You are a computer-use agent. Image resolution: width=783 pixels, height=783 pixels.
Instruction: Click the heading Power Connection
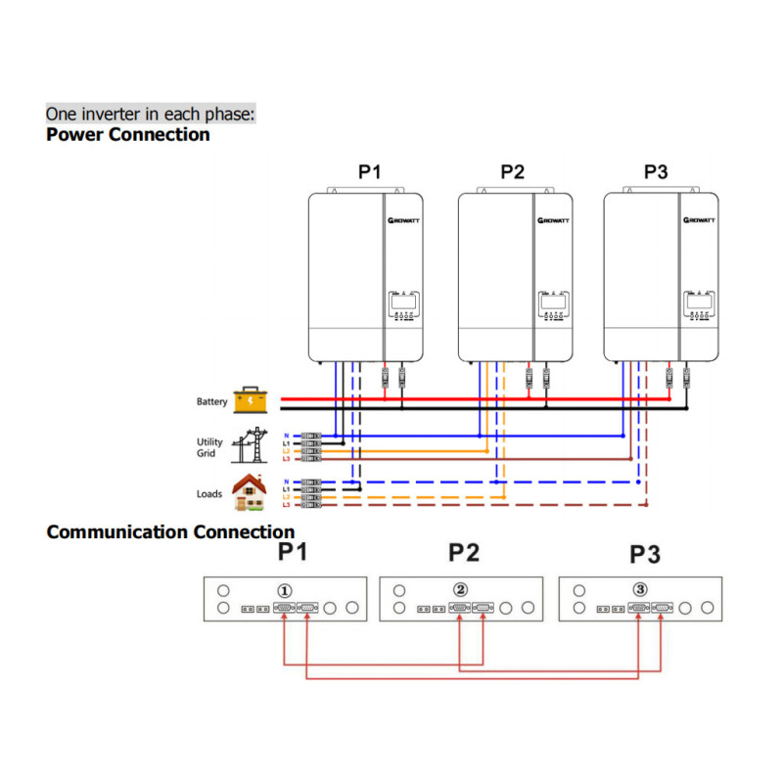[127, 135]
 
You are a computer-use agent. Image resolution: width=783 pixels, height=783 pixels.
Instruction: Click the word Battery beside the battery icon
[211, 401]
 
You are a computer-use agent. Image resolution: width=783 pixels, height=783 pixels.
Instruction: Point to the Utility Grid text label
[209, 447]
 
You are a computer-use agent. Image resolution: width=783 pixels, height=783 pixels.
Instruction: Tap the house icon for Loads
[251, 491]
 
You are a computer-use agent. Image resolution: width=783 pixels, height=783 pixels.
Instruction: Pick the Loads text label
[209, 494]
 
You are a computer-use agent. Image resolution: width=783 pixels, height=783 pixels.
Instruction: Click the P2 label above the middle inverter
[512, 172]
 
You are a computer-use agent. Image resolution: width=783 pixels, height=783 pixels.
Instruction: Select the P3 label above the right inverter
[656, 172]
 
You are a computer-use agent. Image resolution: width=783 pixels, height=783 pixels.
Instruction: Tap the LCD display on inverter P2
[553, 302]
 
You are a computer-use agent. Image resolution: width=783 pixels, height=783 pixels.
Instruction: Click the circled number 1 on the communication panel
[284, 590]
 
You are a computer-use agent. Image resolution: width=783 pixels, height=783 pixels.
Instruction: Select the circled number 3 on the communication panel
[639, 590]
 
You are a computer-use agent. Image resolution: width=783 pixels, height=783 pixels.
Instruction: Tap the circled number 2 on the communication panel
[461, 590]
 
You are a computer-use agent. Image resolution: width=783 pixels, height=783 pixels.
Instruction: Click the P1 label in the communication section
[293, 553]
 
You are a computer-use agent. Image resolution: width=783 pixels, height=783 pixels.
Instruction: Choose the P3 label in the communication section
[645, 554]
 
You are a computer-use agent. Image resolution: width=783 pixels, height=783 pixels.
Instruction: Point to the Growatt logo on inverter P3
[699, 220]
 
